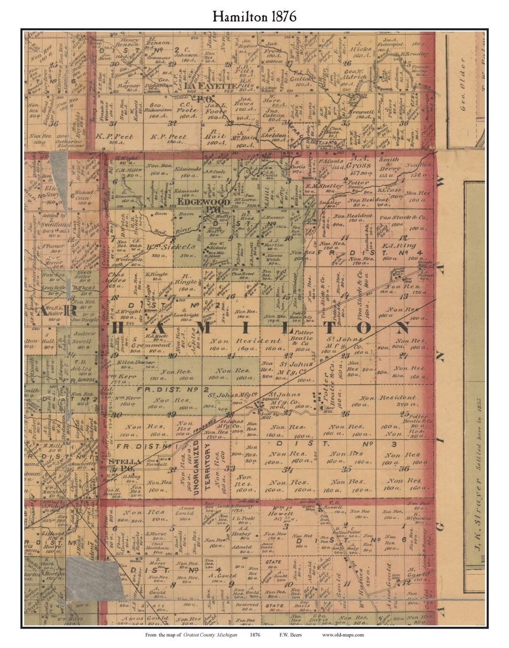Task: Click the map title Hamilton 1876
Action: [254, 16]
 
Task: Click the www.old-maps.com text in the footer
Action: [343, 635]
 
